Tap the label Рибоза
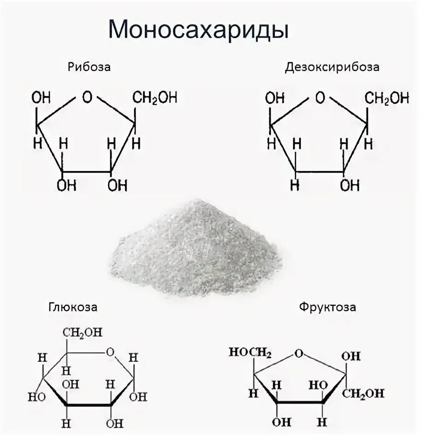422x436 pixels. pyautogui.click(x=90, y=67)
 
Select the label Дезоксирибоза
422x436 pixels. pyautogui.click(x=332, y=67)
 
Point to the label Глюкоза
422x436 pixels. pyautogui.click(x=72, y=308)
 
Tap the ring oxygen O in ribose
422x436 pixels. pyautogui.click(x=87, y=97)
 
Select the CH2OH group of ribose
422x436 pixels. pyautogui.click(x=155, y=98)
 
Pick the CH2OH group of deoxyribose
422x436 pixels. pyautogui.click(x=387, y=98)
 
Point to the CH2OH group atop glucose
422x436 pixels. pyautogui.click(x=83, y=333)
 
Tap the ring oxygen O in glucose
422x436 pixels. pyautogui.click(x=110, y=352)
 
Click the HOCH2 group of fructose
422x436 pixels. pyautogui.click(x=250, y=352)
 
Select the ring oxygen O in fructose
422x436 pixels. pyautogui.click(x=299, y=354)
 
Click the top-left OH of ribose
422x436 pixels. pyautogui.click(x=41, y=98)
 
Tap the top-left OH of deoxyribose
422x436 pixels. pyautogui.click(x=274, y=98)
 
